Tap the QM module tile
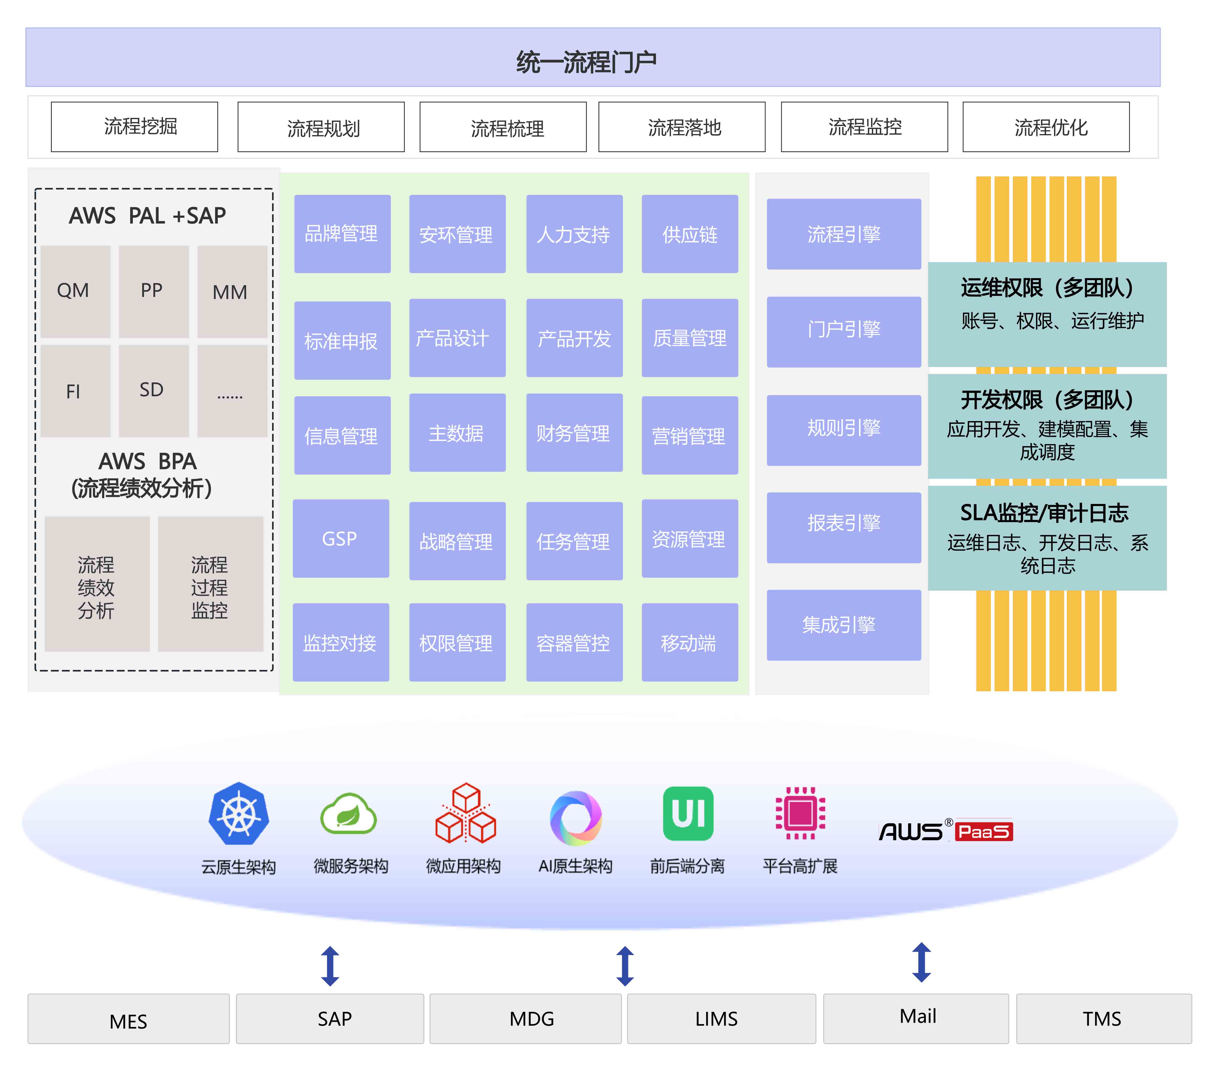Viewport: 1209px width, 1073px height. [75, 291]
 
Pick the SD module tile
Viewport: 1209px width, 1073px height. [153, 391]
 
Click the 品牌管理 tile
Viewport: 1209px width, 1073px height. [342, 234]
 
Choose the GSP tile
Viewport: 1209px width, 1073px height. [341, 538]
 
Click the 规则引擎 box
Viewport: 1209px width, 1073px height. [843, 429]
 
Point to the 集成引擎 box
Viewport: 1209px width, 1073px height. [843, 625]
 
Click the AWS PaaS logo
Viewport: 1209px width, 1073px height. [945, 830]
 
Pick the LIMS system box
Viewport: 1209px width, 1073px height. [721, 1019]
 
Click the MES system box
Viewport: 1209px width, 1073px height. [128, 1019]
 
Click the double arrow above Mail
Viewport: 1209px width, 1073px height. [921, 962]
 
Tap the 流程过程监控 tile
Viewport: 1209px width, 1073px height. [210, 584]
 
